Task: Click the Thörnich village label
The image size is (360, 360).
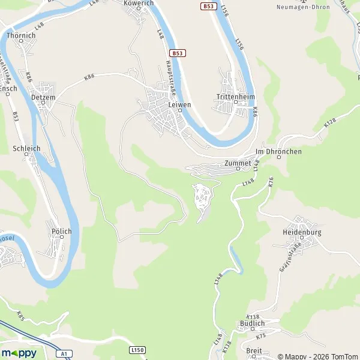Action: [x=21, y=35]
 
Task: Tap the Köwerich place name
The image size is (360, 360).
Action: [x=138, y=3]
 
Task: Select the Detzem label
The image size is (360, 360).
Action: [x=43, y=97]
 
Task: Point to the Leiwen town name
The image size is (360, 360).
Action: [x=179, y=104]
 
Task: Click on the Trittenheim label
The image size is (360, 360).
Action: [x=236, y=96]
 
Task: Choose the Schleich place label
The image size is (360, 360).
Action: [x=26, y=148]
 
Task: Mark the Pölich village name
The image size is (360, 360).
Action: [x=62, y=232]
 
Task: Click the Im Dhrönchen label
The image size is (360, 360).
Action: [x=278, y=152]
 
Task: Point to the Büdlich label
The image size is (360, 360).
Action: [x=252, y=323]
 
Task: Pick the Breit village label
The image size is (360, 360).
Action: [x=254, y=350]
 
